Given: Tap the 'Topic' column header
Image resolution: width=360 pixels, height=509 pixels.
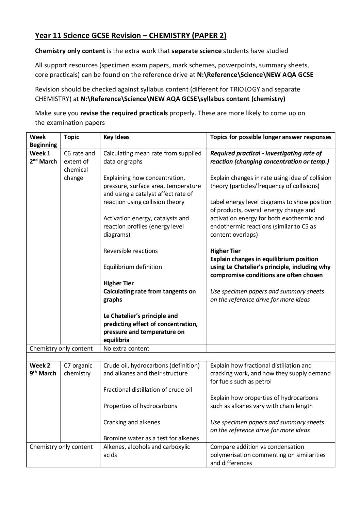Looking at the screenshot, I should (71, 137).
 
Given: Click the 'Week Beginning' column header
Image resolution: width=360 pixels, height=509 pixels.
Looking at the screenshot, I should (43, 141).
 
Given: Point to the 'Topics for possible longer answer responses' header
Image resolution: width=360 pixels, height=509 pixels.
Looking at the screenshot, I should (271, 137).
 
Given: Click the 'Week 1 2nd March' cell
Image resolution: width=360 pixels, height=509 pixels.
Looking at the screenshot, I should (43, 157).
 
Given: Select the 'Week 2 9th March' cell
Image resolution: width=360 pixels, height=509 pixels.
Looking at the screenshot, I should (43, 370).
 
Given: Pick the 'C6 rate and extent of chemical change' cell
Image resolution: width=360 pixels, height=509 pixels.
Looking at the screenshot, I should (80, 166).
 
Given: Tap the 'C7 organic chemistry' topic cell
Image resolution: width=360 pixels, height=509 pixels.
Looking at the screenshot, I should (78, 370).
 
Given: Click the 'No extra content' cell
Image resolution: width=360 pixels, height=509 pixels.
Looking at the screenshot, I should (126, 349).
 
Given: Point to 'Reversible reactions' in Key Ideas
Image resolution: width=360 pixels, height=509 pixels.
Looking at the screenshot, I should (131, 251).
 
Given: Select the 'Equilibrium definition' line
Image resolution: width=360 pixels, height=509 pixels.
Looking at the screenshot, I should (133, 267).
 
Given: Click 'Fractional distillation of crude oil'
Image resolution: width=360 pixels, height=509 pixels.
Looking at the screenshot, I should (148, 390).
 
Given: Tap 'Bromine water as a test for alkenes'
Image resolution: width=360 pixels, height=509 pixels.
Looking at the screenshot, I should (151, 438).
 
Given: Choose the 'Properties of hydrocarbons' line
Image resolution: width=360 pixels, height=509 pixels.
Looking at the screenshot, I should (140, 406).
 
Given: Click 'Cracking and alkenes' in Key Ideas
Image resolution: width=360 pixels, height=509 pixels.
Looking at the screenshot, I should (132, 422).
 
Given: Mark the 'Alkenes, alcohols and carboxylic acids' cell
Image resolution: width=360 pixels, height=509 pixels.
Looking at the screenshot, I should (147, 451).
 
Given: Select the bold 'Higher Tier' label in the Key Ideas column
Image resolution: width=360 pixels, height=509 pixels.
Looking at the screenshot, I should (118, 283).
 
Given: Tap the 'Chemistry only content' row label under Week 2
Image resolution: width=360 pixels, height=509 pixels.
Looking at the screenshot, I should (61, 447).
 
